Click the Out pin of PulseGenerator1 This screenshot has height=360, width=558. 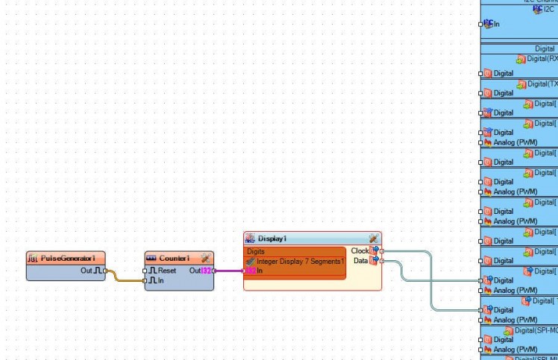(105, 271)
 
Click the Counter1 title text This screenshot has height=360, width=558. (174, 258)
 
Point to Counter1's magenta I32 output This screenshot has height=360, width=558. (207, 271)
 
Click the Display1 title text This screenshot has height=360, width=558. (272, 239)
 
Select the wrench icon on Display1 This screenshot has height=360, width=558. (373, 239)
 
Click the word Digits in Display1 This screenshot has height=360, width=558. (256, 252)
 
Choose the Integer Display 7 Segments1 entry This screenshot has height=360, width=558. (299, 262)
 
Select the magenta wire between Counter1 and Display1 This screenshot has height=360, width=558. (229, 271)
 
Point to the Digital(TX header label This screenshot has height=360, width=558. (542, 83)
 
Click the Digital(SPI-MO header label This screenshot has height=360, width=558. (536, 330)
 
